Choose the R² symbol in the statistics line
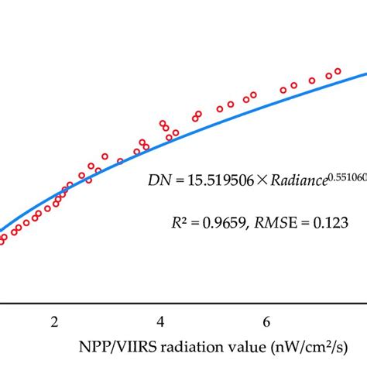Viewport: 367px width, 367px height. tap(179, 221)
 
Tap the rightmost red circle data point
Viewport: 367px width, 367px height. tap(338, 71)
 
